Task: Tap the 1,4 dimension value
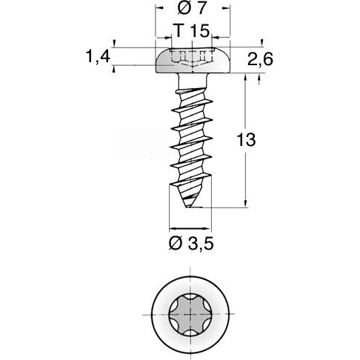coord(99,57)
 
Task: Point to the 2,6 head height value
coord(260,61)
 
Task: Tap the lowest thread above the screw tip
coord(192,181)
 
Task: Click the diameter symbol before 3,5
coord(176,244)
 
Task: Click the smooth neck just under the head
coord(192,81)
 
